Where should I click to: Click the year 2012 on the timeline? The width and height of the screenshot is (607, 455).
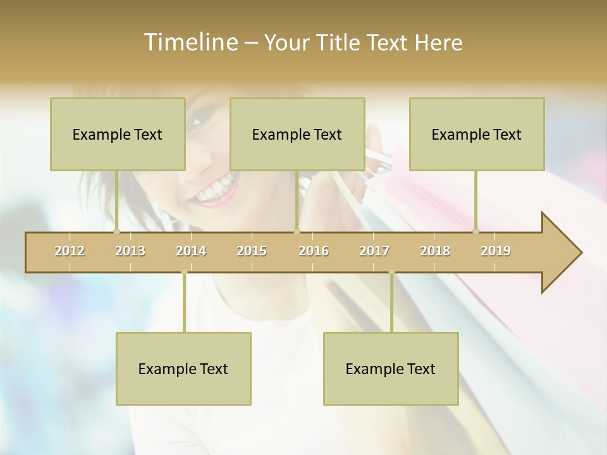(70, 251)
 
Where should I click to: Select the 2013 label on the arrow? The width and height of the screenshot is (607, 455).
(130, 251)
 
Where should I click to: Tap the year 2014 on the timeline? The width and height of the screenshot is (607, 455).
(191, 251)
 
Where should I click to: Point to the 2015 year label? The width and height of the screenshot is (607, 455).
(252, 251)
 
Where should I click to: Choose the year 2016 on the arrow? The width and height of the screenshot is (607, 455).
(314, 251)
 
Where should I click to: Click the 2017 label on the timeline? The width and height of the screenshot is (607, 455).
(374, 251)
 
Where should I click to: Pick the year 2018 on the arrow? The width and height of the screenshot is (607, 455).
(435, 251)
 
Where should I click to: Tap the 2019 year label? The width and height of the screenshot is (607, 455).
(496, 251)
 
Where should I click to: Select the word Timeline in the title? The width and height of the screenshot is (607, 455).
(190, 42)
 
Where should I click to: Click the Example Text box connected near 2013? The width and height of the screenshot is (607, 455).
(118, 134)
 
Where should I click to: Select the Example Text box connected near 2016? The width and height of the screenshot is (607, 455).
(297, 134)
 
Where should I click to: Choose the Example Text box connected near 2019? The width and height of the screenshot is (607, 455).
(477, 134)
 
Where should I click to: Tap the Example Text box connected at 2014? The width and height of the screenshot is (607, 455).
(183, 368)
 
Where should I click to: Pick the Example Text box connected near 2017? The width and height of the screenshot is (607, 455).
(391, 368)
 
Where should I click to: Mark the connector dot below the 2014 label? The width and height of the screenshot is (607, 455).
(184, 272)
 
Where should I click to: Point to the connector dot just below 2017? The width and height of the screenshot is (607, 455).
(391, 272)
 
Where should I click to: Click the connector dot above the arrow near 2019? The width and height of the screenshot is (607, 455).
(476, 231)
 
